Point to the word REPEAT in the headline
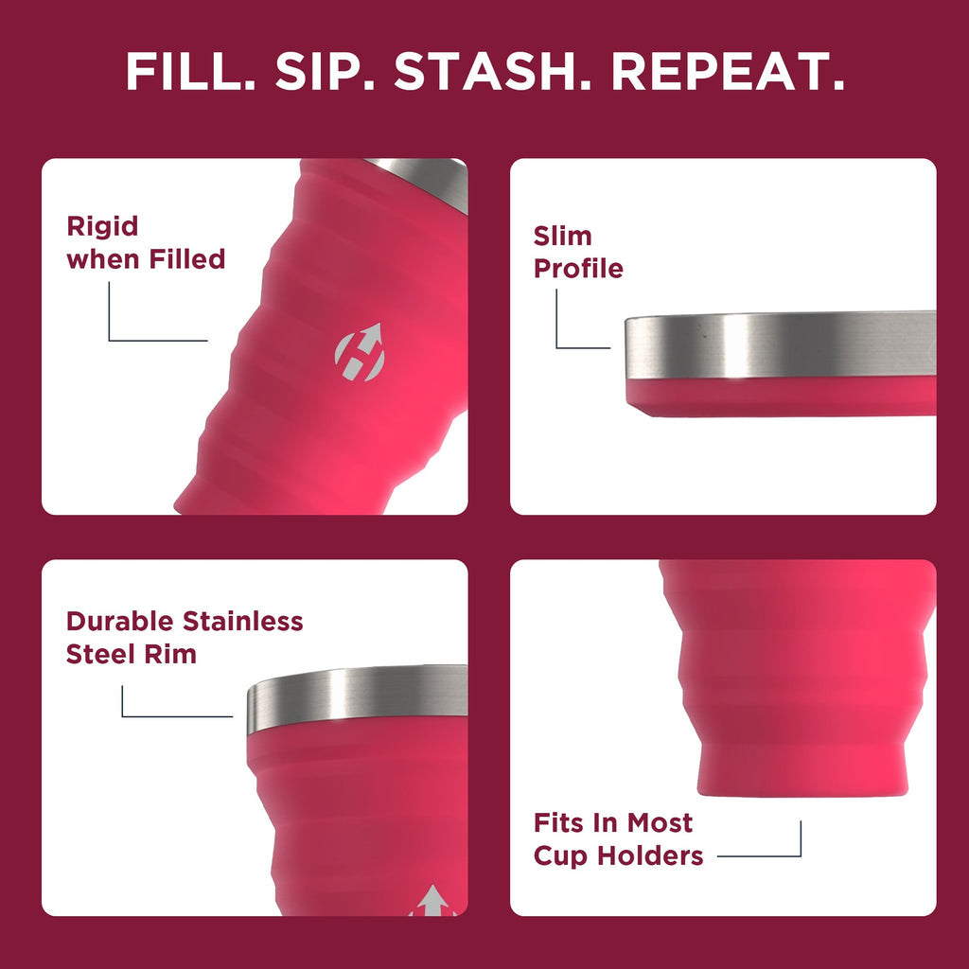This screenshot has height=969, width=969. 728,71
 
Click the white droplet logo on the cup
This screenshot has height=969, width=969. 359,352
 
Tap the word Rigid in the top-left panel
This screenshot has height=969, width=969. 102,226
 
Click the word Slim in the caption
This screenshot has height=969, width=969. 562,236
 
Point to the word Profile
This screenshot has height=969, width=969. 578,269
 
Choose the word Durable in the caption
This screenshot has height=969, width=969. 120,622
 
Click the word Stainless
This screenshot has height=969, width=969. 243,622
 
